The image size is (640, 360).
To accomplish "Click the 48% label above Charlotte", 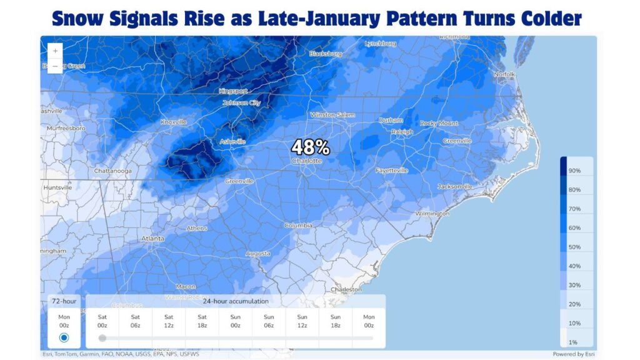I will (311, 147).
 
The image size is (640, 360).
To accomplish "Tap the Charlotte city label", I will (307, 161).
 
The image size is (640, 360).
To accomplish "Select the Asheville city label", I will (233, 141).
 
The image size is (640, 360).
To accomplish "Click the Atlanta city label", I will (152, 239).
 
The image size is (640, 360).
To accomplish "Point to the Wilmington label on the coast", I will (432, 214).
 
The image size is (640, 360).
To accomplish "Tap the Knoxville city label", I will (174, 122).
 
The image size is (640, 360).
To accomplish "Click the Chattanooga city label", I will (112, 170).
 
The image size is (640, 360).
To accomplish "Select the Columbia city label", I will (298, 225).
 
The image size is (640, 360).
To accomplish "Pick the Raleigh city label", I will (402, 132).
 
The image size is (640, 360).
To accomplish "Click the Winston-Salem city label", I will (332, 115).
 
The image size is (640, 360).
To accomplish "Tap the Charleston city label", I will (347, 289).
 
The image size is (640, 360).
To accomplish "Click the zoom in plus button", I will (56, 51).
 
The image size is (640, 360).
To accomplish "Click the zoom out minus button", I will (56, 66).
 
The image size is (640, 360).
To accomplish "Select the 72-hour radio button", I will (64, 337).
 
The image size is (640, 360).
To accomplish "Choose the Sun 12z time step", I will (302, 321).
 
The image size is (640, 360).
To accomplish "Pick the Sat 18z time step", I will (202, 321).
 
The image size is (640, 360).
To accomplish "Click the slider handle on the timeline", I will (102, 338).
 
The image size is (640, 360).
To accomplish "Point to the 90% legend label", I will (574, 171).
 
